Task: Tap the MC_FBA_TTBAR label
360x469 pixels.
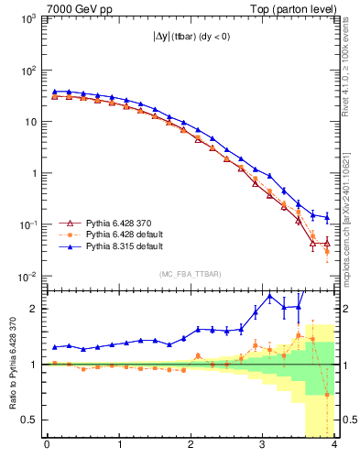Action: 191,275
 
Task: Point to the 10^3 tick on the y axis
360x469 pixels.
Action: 26,18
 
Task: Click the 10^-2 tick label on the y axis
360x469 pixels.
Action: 26,277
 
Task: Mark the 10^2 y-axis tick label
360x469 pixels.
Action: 26,71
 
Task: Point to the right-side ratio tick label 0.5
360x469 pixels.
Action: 348,420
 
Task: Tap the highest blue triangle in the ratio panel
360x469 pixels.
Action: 269,297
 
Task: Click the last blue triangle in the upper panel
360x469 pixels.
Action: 327,217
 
